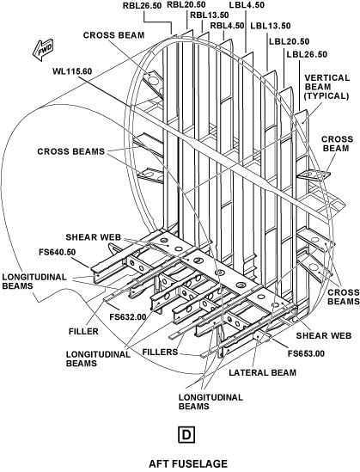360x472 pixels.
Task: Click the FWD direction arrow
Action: [x=43, y=50]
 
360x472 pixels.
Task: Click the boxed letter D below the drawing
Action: [x=186, y=435]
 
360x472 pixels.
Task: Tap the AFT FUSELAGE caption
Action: [x=188, y=463]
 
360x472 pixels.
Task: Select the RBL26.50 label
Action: [x=142, y=6]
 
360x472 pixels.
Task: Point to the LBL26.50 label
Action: [x=307, y=54]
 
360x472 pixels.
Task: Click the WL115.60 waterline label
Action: [x=72, y=71]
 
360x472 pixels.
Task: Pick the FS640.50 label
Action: [x=58, y=252]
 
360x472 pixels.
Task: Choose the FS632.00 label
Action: [x=128, y=316]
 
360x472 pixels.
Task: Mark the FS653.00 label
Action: [x=306, y=353]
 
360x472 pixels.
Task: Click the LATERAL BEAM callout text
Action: [x=263, y=372]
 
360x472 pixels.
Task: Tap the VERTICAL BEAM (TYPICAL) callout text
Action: [x=326, y=87]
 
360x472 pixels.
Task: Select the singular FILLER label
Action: [x=83, y=331]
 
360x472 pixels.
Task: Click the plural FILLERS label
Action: [x=160, y=352]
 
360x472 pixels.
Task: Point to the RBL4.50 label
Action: [x=227, y=26]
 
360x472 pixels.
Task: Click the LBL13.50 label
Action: [x=271, y=26]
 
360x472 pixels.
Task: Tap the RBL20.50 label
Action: [x=186, y=4]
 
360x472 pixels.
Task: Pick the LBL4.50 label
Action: [x=247, y=5]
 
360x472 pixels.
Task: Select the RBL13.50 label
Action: [x=210, y=15]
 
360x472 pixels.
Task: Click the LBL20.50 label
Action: [x=290, y=41]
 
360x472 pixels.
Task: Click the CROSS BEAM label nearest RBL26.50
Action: [x=113, y=35]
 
